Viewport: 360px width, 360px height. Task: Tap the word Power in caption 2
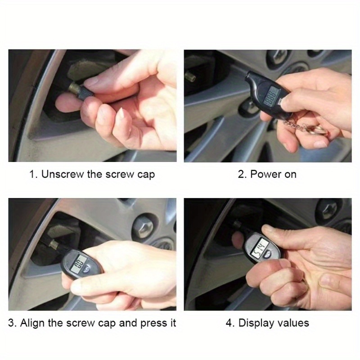pos(265,174)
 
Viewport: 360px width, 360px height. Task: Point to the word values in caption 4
pos(293,323)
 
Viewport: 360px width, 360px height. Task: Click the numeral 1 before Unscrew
pos(32,174)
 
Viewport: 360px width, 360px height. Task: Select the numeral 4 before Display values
pos(229,323)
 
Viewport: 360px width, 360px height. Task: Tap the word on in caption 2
pos(290,174)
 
